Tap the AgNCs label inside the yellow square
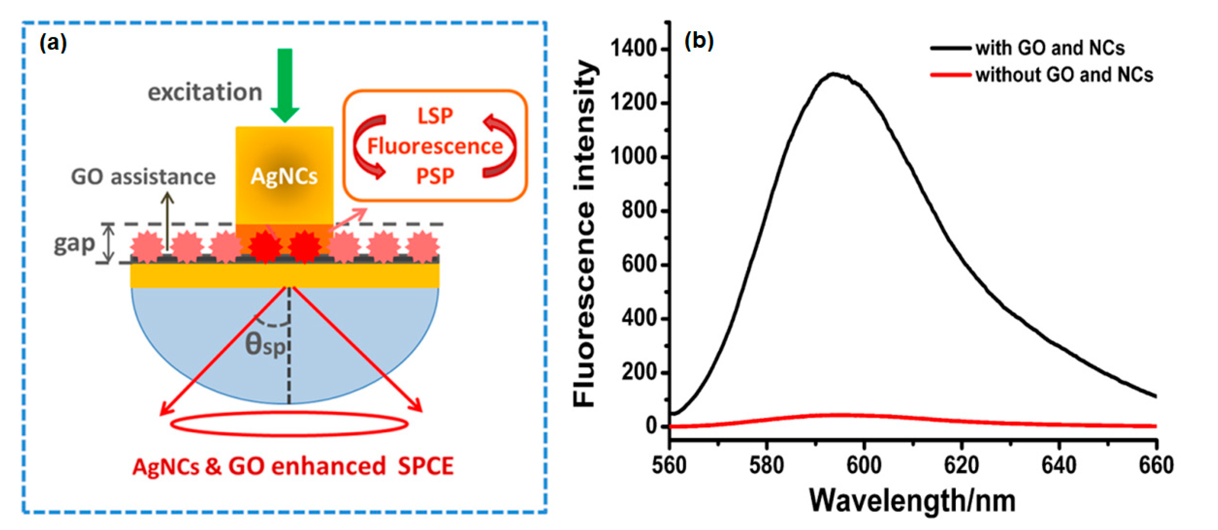[284, 176]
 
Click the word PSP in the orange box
[435, 176]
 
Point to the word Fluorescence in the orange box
[435, 146]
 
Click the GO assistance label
[143, 177]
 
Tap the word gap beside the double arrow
[74, 244]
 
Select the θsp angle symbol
[265, 345]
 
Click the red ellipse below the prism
[289, 424]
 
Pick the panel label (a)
[53, 43]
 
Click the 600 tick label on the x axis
[864, 465]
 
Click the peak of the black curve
[834, 74]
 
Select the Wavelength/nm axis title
[912, 501]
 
